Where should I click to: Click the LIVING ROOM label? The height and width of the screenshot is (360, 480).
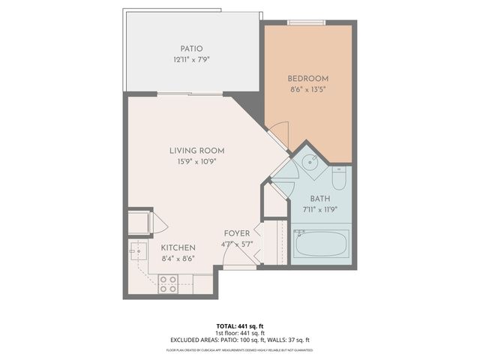[196, 150]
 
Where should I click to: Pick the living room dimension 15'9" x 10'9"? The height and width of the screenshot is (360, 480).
[196, 160]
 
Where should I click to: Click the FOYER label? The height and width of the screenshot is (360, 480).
[237, 233]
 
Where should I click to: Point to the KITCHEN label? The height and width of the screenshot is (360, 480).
[178, 247]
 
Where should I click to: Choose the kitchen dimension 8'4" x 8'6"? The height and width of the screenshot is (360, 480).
[178, 258]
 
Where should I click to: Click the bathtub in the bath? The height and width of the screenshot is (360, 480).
[320, 244]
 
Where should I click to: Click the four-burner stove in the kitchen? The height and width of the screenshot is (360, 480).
[168, 283]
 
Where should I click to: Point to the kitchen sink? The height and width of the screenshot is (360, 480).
[137, 250]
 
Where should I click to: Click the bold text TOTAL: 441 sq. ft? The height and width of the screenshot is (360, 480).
[239, 326]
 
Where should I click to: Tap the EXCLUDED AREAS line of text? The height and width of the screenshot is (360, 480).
[239, 340]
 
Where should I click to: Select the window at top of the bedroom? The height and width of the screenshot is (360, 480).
[307, 22]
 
